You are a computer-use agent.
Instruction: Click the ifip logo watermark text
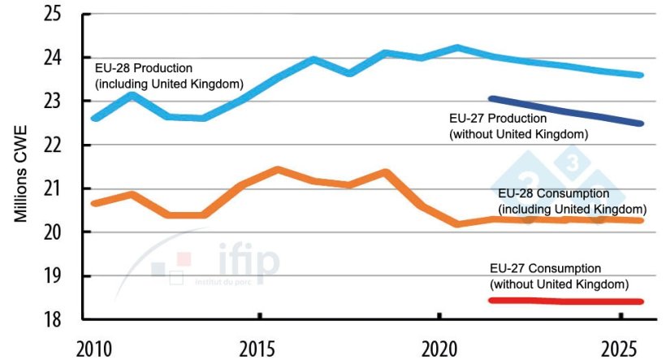coord(248,262)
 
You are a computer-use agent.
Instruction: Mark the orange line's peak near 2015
coord(278,170)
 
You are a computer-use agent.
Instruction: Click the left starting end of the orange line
coord(93,202)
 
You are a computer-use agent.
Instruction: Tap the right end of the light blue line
coord(641,75)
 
